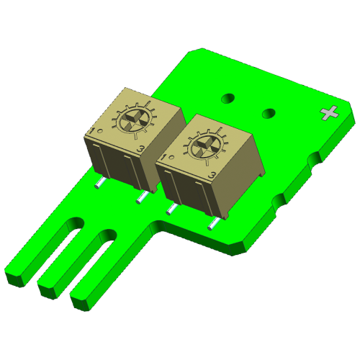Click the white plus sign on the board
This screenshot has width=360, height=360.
[330, 112]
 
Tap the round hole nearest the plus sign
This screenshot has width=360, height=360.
[270, 112]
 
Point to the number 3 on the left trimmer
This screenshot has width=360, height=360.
[142, 148]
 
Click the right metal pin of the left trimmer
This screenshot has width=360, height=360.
[143, 197]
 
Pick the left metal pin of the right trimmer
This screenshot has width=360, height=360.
[171, 209]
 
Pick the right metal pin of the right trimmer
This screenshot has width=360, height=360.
[212, 224]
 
